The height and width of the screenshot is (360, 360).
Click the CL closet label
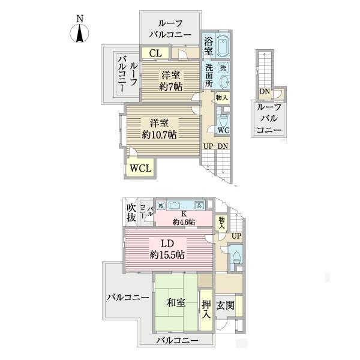[155, 53]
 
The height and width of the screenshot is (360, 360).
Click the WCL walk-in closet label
[140, 168]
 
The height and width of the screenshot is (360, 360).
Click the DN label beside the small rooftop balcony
[264, 92]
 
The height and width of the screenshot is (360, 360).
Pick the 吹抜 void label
[132, 214]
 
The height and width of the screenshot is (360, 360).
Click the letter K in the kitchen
[184, 214]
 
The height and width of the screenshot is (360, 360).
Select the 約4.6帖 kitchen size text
[184, 223]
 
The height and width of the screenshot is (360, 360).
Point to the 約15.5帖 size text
[167, 255]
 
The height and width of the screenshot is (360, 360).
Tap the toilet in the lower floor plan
[236, 258]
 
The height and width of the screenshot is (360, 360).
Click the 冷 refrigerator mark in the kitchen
[160, 206]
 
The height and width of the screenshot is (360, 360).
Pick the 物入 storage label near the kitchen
[222, 223]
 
